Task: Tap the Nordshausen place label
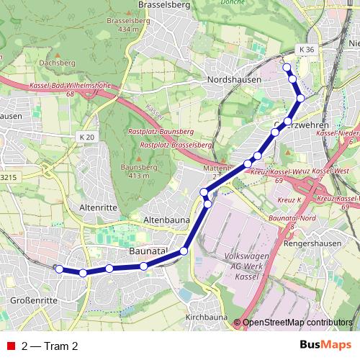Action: (x=233, y=79)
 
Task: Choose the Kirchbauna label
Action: (x=207, y=318)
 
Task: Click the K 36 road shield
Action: (x=307, y=49)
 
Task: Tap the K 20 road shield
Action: (x=87, y=136)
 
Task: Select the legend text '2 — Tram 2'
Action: (x=50, y=346)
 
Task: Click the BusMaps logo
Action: (x=325, y=345)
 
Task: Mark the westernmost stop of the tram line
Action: (x=59, y=269)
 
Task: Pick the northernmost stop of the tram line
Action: (x=287, y=68)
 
